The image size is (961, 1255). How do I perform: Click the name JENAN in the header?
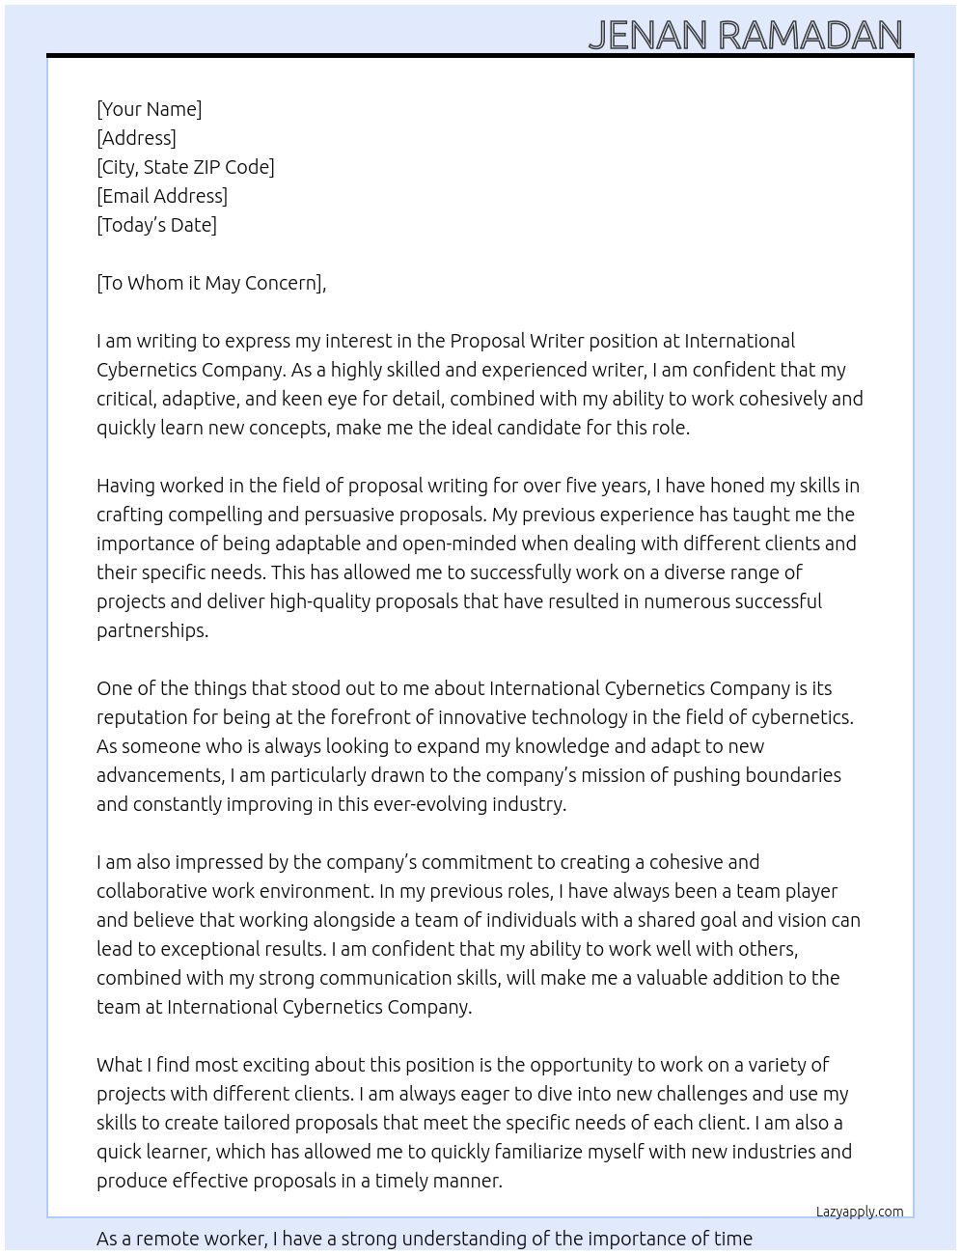(648, 36)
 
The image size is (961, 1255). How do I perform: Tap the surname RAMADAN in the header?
(810, 36)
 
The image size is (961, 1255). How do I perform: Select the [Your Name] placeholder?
(149, 109)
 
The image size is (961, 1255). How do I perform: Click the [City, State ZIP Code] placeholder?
(185, 167)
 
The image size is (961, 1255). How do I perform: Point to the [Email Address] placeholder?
(162, 196)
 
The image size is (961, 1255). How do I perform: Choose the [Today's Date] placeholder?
(156, 225)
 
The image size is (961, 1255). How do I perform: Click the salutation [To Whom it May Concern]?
(210, 283)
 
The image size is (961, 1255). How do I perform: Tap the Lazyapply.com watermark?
(859, 1212)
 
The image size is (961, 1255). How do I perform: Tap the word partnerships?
(151, 630)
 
